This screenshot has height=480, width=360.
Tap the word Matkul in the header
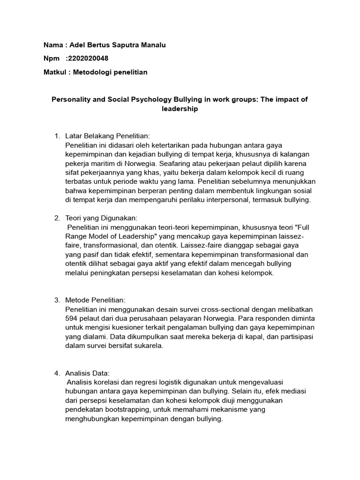click(55, 72)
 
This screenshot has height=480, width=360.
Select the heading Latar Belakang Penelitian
click(101, 136)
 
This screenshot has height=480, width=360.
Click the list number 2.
click(57, 218)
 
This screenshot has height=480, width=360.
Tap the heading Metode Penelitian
click(96, 300)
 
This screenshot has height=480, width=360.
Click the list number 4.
click(57, 373)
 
